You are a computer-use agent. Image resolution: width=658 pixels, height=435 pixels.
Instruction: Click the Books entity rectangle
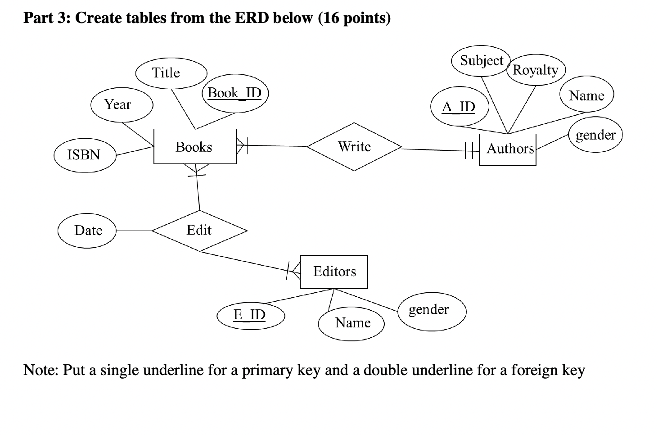194,146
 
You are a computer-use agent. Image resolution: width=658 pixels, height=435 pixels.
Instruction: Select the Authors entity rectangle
507,149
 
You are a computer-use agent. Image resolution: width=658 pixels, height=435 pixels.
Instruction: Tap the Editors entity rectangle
334,272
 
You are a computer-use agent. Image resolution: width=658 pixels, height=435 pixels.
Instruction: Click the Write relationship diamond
354,147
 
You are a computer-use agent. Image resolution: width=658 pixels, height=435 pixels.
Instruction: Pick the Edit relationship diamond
199,231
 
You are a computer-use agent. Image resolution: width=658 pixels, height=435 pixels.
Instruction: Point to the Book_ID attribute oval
234,93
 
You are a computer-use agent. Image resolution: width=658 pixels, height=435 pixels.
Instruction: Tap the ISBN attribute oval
85,155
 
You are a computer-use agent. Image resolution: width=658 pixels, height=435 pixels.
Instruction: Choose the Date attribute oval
87,231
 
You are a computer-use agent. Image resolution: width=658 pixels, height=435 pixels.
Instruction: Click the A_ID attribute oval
459,107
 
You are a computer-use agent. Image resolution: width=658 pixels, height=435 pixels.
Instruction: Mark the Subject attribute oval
481,61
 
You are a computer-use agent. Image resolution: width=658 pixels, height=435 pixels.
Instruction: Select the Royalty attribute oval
536,70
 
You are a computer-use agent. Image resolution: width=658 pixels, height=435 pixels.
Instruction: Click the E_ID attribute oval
250,315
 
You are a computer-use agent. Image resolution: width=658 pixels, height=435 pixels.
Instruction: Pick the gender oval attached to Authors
595,135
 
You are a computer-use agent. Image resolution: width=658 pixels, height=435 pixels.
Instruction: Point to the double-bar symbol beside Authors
469,150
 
